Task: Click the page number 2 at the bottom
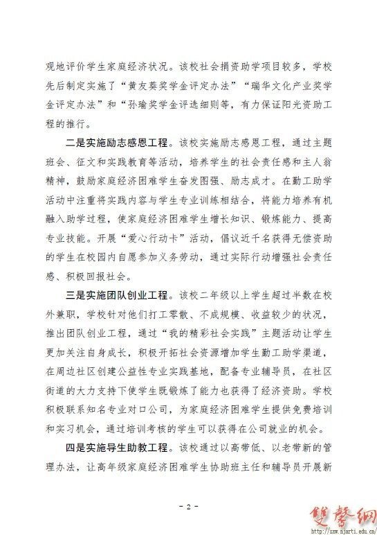point(188,507)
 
